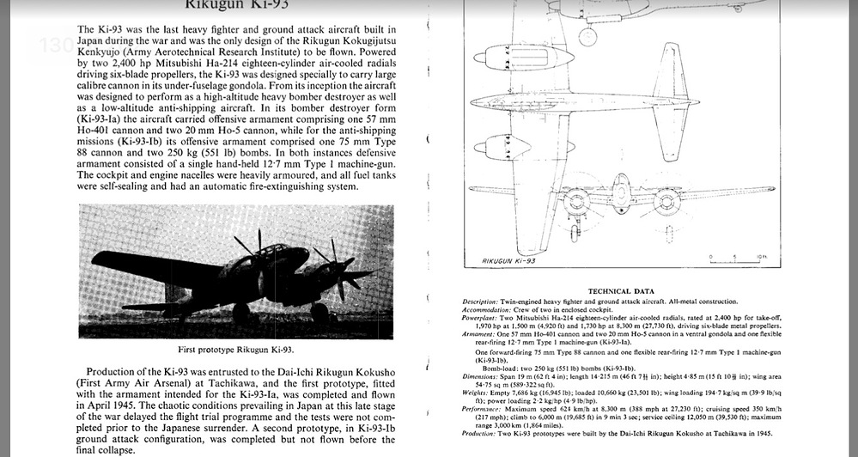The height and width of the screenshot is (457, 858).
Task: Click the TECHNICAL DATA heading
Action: point(621,291)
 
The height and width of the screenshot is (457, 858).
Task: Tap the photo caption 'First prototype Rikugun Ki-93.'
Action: point(236,349)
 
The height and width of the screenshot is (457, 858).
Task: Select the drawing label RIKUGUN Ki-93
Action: point(508,259)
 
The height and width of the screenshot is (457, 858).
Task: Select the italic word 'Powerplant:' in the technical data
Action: point(481,317)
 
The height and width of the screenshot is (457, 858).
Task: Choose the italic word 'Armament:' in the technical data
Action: point(479,333)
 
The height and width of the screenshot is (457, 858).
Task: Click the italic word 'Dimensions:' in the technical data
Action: point(481,375)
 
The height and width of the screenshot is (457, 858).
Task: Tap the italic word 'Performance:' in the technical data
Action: point(484,409)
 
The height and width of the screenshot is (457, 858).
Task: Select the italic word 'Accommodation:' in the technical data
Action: point(487,309)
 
